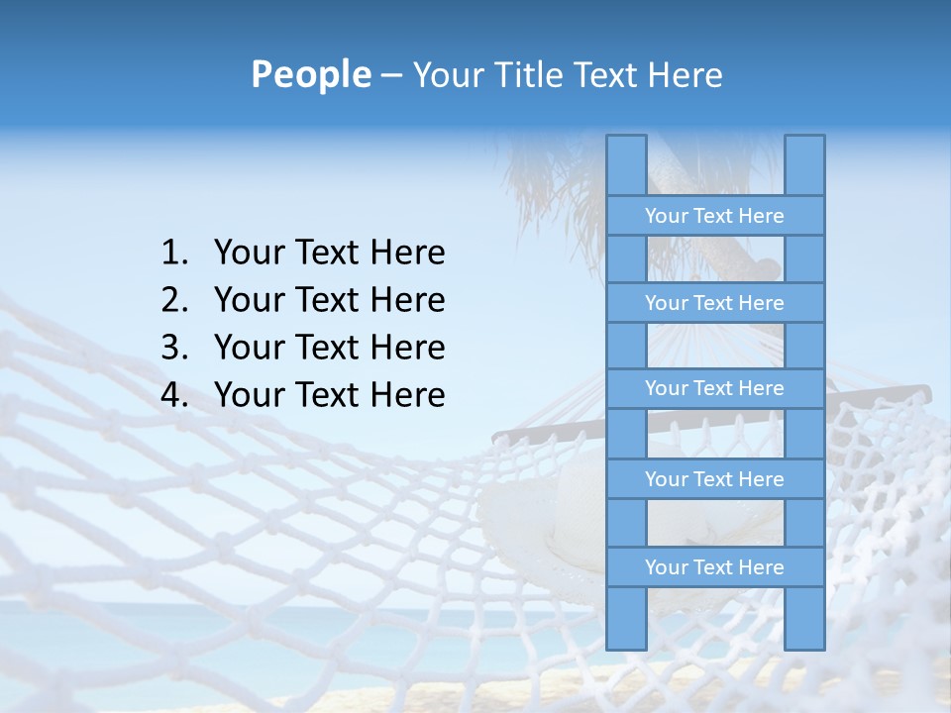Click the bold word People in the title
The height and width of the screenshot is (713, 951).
click(x=310, y=74)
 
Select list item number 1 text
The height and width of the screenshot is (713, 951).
click(x=329, y=253)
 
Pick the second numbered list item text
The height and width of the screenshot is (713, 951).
click(x=329, y=300)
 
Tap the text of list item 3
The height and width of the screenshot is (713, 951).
click(x=329, y=348)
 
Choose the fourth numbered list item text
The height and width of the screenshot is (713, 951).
click(x=329, y=395)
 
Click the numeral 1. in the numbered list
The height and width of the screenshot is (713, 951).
click(x=173, y=253)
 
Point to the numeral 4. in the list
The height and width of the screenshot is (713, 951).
click(x=173, y=395)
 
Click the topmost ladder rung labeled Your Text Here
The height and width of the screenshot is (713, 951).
click(x=714, y=216)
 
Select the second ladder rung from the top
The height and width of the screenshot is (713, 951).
click(x=714, y=303)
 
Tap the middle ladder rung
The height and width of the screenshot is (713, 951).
click(x=714, y=388)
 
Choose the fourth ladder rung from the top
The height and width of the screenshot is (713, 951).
click(x=714, y=479)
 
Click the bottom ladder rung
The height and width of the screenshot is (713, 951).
click(x=714, y=567)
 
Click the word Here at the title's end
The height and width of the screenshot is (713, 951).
click(x=687, y=75)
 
